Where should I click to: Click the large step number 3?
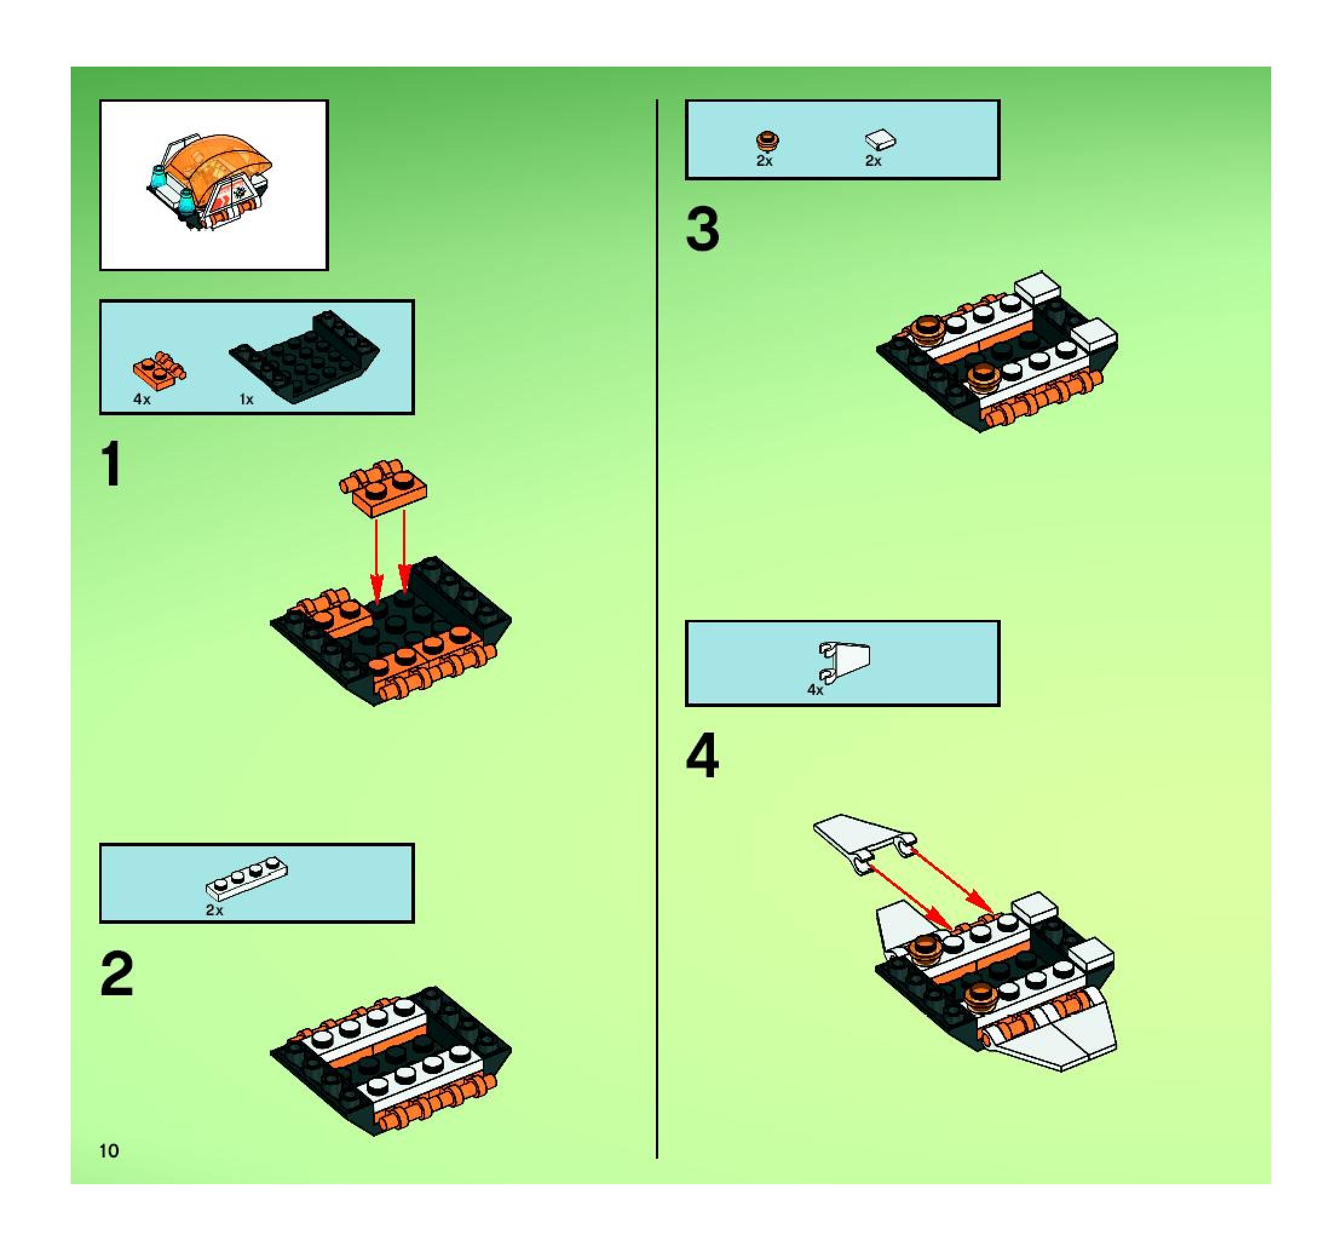tap(702, 229)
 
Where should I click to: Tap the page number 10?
tap(109, 1151)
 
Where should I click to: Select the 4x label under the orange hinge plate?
tap(142, 399)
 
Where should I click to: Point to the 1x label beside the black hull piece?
tap(246, 400)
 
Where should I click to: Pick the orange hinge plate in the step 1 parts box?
tap(160, 370)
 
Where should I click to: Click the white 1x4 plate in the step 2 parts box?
tap(247, 876)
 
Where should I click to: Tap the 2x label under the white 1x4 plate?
tap(214, 911)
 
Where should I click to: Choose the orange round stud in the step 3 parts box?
tap(767, 141)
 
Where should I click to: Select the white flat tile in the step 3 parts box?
tap(880, 140)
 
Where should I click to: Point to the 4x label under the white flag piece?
tap(816, 690)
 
